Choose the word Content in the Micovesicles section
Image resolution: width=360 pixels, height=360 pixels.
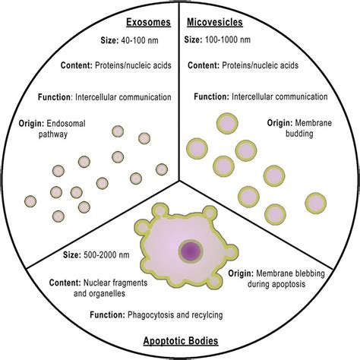(x=203, y=66)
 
